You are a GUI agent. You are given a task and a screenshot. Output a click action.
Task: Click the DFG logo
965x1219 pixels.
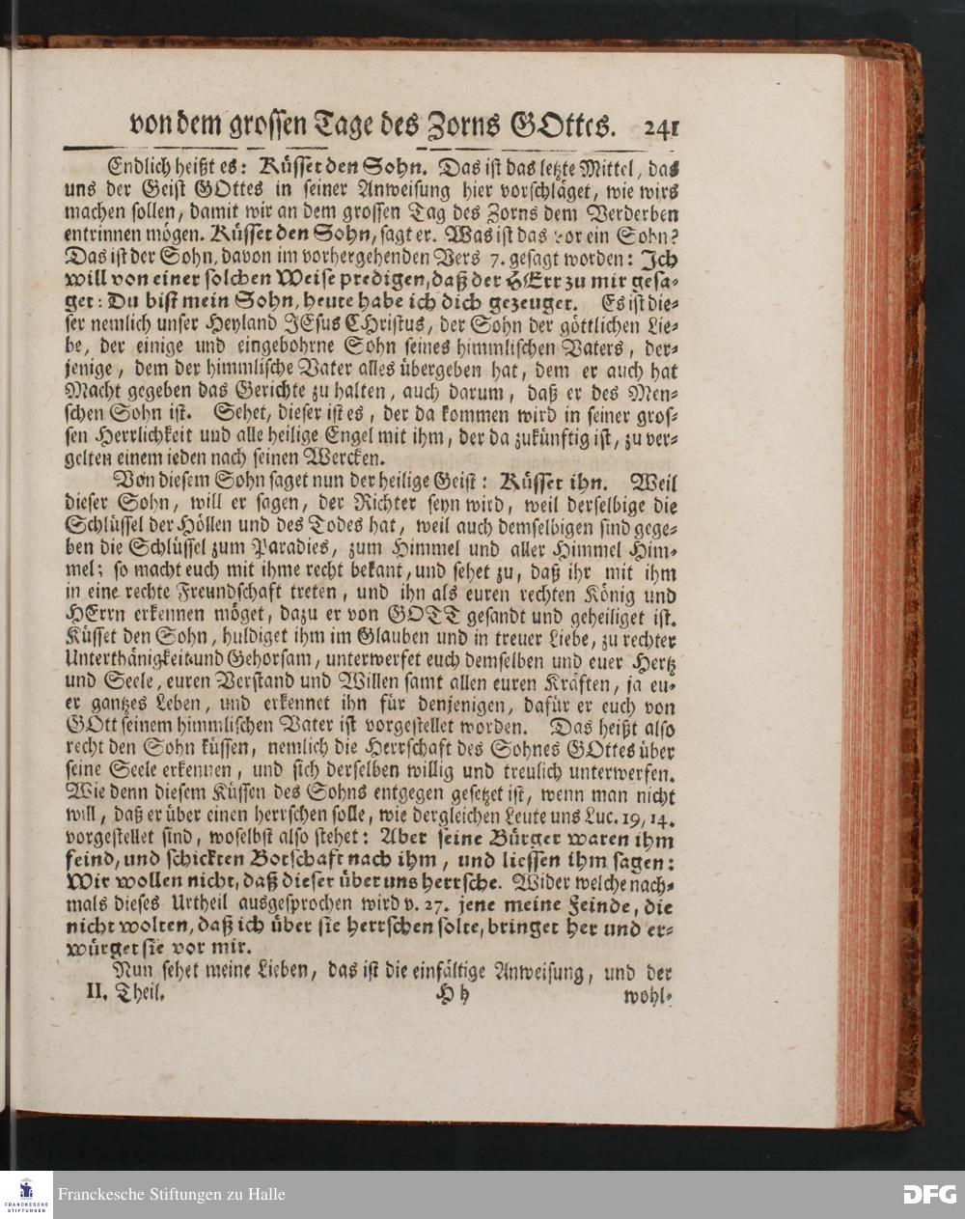(x=928, y=1194)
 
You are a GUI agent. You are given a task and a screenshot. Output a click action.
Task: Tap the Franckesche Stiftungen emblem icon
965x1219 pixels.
(x=26, y=1195)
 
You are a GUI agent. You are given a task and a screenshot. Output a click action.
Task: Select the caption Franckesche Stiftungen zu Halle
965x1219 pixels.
(x=171, y=1195)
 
